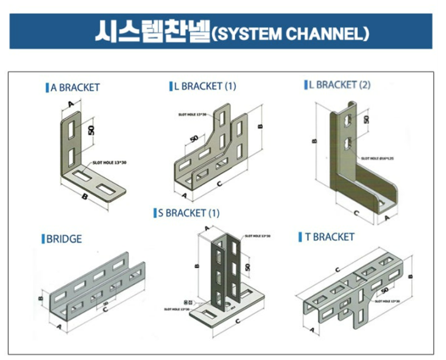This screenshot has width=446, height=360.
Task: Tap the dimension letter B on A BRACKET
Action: pyautogui.click(x=85, y=196)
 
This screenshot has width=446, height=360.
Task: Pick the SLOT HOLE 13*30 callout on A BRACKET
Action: pyautogui.click(x=109, y=162)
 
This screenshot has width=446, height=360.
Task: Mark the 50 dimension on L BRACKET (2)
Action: pyautogui.click(x=366, y=119)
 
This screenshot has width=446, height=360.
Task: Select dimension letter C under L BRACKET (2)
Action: pyautogui.click(x=356, y=213)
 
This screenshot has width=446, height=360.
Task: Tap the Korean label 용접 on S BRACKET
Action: pyautogui.click(x=189, y=301)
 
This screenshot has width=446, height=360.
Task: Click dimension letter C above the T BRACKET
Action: pyautogui.click(x=336, y=270)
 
